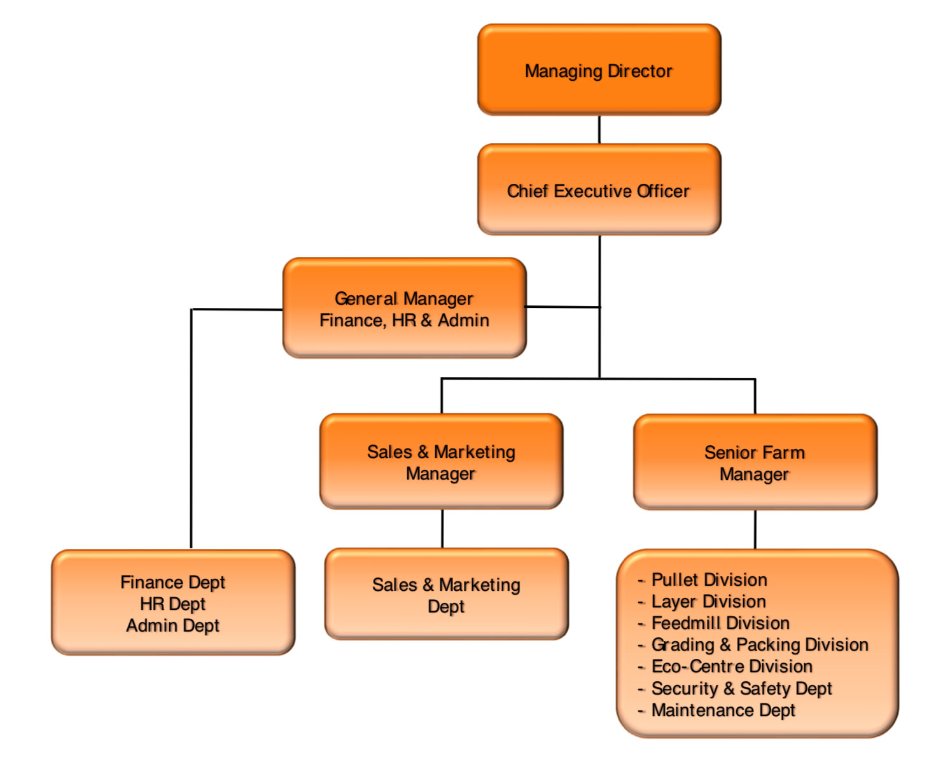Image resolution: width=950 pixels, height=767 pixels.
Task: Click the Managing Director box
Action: (x=599, y=70)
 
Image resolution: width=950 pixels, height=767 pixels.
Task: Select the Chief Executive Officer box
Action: (x=599, y=190)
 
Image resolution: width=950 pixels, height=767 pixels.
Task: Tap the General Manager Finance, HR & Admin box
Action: (x=404, y=308)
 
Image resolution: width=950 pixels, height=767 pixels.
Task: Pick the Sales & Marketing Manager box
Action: (x=441, y=462)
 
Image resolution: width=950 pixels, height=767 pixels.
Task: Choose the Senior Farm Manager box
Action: (x=755, y=462)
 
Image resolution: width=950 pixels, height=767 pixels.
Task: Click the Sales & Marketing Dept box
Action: (x=446, y=595)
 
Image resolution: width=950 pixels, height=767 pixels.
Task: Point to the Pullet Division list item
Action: (x=709, y=580)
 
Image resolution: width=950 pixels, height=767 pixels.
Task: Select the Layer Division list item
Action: (x=708, y=602)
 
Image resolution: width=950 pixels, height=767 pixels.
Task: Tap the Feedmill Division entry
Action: (x=720, y=623)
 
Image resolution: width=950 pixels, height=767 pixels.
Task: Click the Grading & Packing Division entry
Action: (x=759, y=645)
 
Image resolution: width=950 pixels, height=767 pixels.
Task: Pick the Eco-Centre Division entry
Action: (x=732, y=667)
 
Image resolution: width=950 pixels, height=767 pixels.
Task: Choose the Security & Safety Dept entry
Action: (x=741, y=689)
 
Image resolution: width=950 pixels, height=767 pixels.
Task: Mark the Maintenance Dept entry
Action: (x=723, y=710)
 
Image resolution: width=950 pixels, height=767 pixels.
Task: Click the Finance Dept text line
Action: (x=172, y=583)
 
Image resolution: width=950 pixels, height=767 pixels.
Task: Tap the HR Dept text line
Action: (x=172, y=604)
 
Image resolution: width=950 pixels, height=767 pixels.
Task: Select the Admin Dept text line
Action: (x=172, y=626)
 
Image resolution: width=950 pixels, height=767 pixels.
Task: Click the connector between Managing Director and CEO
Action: (x=599, y=130)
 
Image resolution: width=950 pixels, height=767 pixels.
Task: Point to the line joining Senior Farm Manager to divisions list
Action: (x=755, y=529)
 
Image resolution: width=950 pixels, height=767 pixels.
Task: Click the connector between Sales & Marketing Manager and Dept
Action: (x=442, y=529)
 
